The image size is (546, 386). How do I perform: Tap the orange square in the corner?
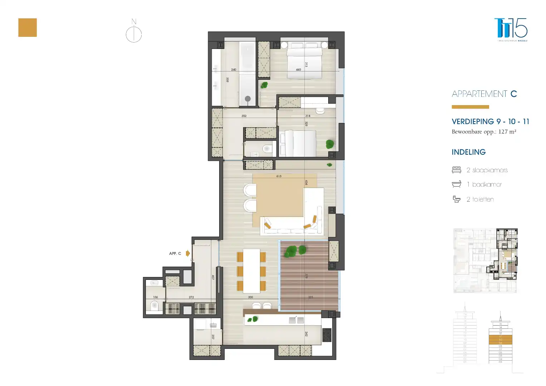point(28,28)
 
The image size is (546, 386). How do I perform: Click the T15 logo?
point(511,29)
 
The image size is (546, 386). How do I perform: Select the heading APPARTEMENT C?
point(484,94)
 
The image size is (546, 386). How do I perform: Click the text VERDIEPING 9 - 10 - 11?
point(490,122)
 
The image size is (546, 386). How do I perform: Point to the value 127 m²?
point(507,132)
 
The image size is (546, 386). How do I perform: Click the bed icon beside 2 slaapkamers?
point(457,170)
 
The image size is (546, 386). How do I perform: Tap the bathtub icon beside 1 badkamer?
point(457,184)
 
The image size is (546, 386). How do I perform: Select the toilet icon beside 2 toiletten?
point(457,199)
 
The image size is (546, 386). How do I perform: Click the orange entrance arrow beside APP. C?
point(188,253)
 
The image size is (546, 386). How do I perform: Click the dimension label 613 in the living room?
point(279,176)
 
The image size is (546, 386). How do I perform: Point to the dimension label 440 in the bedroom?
point(299,70)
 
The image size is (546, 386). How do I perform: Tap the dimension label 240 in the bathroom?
point(233,70)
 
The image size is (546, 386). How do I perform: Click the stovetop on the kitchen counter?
point(326,335)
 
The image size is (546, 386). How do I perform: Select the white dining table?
point(251,271)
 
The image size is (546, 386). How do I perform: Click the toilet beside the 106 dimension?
point(154,306)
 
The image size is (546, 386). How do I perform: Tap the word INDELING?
point(468,152)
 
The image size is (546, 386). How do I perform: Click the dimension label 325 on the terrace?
point(310,297)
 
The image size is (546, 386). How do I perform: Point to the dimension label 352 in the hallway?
point(244,116)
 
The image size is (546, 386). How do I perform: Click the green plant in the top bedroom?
point(264,85)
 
